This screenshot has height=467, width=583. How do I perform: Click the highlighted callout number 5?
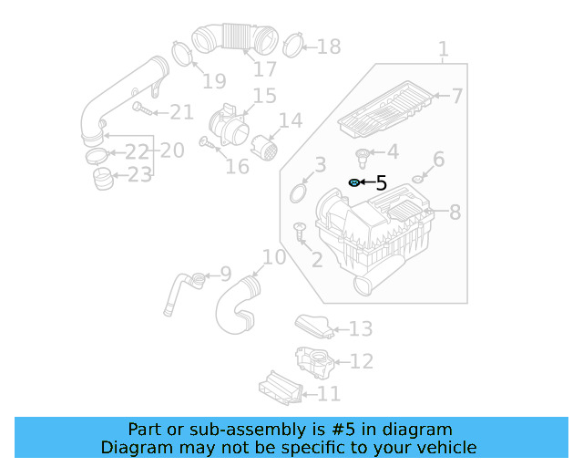pos(381,183)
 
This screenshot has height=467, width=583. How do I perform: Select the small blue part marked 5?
pos(353,183)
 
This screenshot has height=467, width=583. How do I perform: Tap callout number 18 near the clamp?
pos(328,47)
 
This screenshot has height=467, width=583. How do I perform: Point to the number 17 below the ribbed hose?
pos(265,69)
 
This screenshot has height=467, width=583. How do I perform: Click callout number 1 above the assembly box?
pos(443,48)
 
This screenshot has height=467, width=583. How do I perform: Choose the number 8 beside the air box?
pos(455,213)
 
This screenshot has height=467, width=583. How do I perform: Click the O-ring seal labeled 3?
pos(298,192)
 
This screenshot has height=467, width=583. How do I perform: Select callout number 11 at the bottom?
pos(328,394)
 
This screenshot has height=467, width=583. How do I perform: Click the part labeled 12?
pos(314,361)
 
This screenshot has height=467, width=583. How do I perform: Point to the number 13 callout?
pos(361,328)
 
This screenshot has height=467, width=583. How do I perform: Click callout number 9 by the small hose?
pos(225,274)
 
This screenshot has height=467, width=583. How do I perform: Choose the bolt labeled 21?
pos(141,109)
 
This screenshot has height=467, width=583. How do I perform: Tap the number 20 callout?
pos(172,149)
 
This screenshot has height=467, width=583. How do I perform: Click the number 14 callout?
pos(290,120)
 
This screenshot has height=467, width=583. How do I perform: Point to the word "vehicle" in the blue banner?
pos(445,447)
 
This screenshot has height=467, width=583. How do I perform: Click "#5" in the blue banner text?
pos(351,430)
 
